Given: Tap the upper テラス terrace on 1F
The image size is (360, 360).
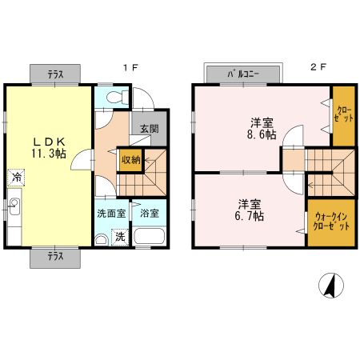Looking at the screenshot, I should (x=55, y=74).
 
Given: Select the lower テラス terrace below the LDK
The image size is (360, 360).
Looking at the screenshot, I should (x=55, y=258).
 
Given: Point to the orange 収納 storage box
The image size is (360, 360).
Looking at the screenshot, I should (x=130, y=159).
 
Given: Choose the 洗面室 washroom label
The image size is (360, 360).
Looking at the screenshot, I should (x=111, y=214).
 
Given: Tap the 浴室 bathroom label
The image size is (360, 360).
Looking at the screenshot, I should (x=149, y=214).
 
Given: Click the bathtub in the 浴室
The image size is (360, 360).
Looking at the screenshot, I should (x=149, y=238).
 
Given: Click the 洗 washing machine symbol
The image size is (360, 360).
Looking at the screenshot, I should (x=119, y=237).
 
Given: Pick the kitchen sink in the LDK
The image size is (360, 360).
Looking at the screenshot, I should (x=14, y=210).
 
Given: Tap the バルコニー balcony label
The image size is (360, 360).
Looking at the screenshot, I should (x=244, y=74).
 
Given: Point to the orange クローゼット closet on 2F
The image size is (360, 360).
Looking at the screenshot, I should (x=343, y=115).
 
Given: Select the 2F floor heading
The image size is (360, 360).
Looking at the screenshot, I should (x=318, y=68).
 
